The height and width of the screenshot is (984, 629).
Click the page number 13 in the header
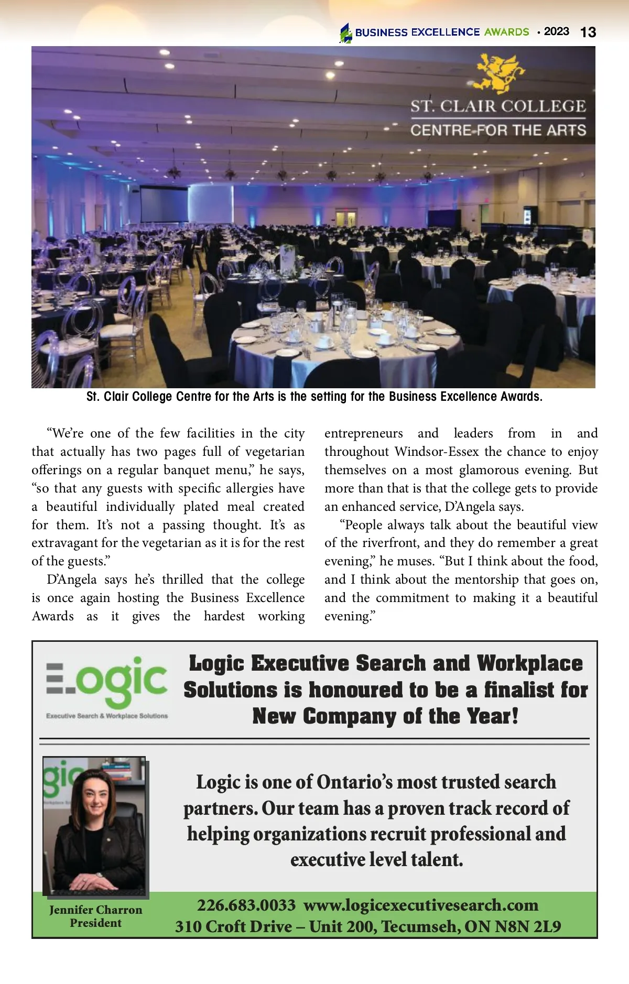click(x=588, y=32)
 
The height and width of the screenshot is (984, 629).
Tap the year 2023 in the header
click(x=556, y=31)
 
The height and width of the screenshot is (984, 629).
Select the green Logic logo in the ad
click(x=107, y=681)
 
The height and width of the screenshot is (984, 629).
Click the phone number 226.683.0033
click(x=246, y=905)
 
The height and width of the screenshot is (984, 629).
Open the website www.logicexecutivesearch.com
click(x=421, y=905)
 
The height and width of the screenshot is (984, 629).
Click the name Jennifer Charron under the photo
click(x=96, y=910)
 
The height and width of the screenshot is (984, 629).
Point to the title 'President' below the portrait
click(x=96, y=923)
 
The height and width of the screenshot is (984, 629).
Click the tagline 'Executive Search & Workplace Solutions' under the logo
click(x=107, y=716)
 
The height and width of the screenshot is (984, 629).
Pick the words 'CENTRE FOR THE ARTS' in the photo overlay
click(x=498, y=130)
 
